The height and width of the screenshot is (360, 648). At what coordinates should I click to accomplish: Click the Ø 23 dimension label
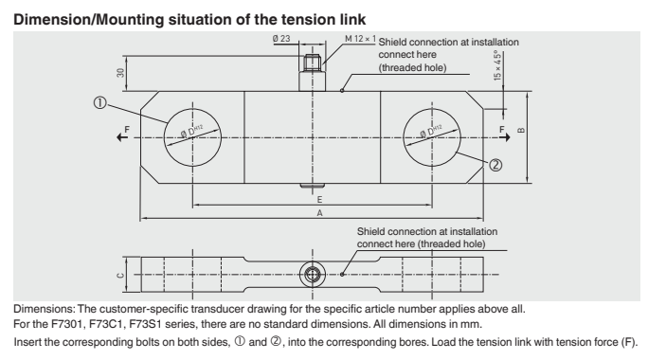coord(281,39)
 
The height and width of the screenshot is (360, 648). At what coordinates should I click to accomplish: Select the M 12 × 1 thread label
coord(360,39)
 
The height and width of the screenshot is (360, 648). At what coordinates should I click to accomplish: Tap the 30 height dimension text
coord(120,73)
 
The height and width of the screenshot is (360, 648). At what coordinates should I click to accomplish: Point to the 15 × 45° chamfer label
coord(497,65)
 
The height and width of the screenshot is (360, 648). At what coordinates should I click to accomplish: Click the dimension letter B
coord(521,131)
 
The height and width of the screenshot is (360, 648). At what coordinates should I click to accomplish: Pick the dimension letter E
coord(319,200)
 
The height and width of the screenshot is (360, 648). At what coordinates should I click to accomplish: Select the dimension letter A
coord(319,213)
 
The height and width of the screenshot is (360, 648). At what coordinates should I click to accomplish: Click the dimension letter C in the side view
coord(120,276)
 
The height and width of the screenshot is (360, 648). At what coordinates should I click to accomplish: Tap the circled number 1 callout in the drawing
coord(100,102)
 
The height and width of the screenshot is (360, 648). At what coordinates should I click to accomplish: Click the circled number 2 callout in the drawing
coord(495,166)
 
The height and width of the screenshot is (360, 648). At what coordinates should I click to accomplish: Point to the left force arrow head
coord(120,137)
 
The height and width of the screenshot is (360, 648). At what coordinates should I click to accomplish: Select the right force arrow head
coord(506,137)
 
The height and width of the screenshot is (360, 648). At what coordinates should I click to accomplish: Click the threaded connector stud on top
coord(312,72)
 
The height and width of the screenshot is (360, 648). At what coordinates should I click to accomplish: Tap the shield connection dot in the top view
coord(342,91)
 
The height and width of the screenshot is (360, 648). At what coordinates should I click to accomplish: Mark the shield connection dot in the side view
coord(342,274)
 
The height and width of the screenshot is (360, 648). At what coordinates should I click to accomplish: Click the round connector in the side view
coord(313,274)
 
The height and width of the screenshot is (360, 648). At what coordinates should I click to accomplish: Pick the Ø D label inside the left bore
coord(192,131)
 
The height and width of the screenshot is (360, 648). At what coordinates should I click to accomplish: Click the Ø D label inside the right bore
coord(431,131)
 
